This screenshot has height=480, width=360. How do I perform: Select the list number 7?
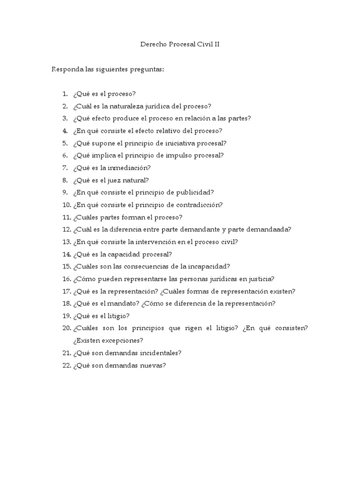point(65,168)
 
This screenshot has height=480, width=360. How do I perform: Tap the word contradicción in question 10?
point(199,205)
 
